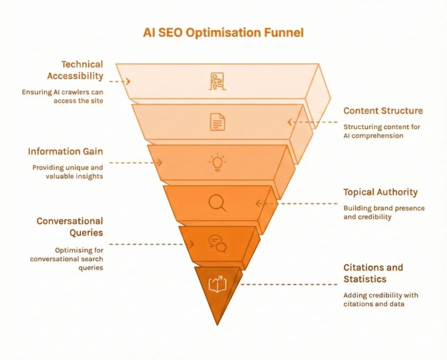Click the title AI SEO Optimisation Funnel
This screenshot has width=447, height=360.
coord(223,33)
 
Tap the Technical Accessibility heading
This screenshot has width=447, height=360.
coord(75,70)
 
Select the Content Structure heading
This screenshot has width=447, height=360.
coord(383,110)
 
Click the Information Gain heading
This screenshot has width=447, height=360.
coord(65,151)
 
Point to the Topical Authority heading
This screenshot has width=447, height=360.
coord(380,192)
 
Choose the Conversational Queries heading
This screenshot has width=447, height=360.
coord(70,226)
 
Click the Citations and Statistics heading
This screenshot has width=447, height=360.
coord(373,273)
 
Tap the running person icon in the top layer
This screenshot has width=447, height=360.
coord(217,82)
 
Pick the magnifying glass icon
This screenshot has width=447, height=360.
coord(217,202)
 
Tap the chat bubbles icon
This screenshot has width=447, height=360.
coord(217,243)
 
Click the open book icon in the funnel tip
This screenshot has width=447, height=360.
coord(217,284)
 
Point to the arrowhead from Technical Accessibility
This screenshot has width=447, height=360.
coord(128,81)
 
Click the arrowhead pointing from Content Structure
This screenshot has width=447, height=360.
coord(289,122)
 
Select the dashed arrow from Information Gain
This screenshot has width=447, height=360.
coord(135,163)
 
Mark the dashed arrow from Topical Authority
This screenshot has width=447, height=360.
coord(297,203)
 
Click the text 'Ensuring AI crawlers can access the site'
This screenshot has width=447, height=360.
coord(62,96)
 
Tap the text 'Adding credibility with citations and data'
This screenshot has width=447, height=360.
coord(380,299)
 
